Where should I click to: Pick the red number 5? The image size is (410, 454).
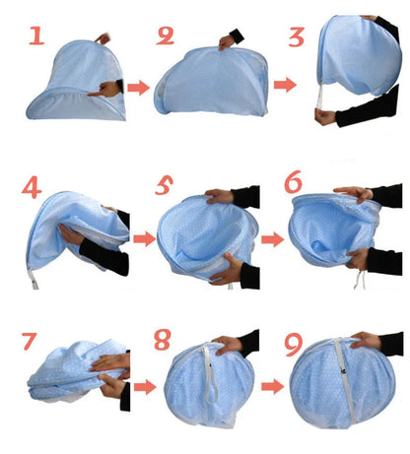(166, 186)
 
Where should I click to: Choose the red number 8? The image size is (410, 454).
(164, 341)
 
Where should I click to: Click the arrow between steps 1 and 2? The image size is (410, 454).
(138, 88)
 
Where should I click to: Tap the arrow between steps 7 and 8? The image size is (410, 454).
(144, 386)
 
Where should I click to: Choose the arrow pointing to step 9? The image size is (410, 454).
(276, 386)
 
